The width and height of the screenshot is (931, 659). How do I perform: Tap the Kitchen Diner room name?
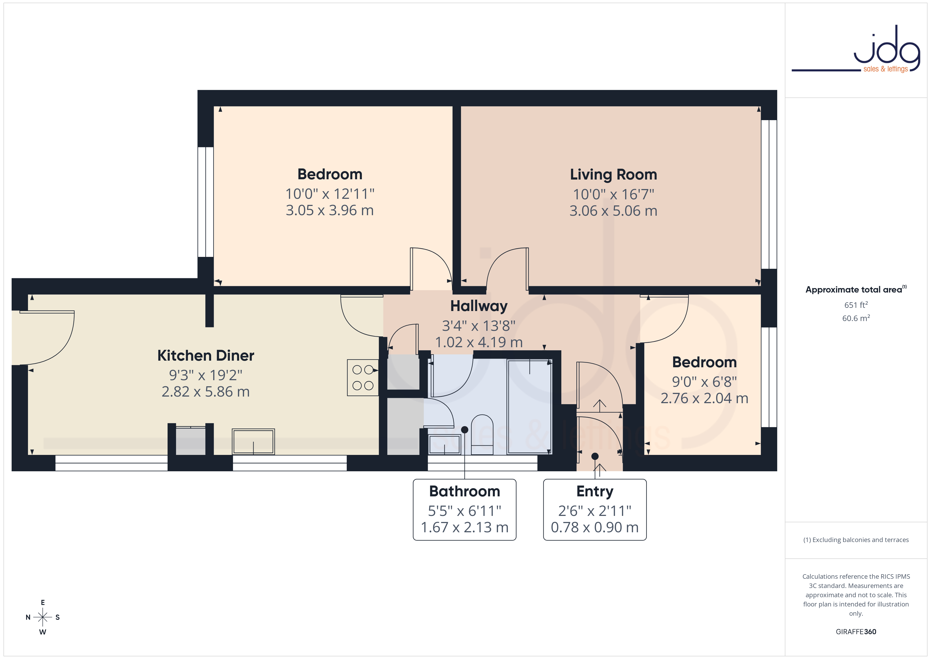pos(206,355)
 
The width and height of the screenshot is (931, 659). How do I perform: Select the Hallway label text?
pos(479,306)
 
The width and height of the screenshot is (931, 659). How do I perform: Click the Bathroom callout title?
pos(465,491)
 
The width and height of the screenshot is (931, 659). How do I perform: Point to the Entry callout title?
pos(595,491)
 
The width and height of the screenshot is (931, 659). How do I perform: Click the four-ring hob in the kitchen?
pos(363,377)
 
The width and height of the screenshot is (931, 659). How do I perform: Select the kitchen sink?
pos(253,441)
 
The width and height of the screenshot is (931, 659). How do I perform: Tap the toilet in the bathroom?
pos(482,435)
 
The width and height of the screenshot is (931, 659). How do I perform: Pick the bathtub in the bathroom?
pos(530,407)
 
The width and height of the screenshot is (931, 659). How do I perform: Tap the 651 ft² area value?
pos(856,305)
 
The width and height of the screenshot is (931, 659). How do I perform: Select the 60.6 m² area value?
pos(856,318)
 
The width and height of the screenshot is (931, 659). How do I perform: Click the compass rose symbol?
pos(42,617)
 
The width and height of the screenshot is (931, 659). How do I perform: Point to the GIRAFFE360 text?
pos(856,632)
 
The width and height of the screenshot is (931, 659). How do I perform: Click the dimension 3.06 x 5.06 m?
pos(613,211)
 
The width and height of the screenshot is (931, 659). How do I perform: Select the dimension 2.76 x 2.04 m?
pos(704,398)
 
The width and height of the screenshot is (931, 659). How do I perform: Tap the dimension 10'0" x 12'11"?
pos(330,194)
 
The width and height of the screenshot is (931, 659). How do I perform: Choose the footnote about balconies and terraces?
pos(856,540)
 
